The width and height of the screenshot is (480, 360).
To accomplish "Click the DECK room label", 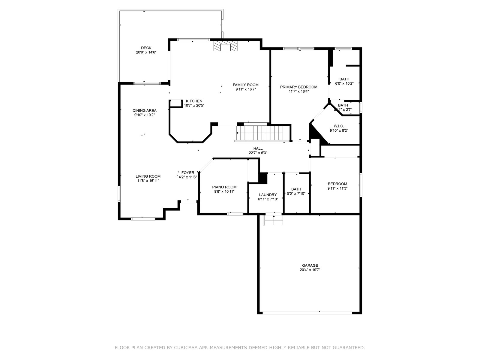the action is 146,48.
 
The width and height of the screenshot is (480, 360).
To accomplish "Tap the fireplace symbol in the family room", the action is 225,46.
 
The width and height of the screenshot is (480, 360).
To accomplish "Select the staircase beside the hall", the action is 260,132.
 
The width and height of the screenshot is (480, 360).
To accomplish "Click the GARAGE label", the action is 310,265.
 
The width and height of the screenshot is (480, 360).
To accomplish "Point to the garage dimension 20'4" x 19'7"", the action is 310,270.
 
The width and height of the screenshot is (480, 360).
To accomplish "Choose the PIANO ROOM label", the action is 224,187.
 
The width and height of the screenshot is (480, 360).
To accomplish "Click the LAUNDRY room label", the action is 268,195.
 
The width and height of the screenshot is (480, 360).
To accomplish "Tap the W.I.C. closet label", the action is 339,126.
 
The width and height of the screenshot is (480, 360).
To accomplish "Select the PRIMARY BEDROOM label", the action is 298,87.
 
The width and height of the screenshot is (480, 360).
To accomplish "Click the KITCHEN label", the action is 194,101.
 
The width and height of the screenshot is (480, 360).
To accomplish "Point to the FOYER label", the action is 188,172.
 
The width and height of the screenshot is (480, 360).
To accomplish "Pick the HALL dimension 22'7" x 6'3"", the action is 258,153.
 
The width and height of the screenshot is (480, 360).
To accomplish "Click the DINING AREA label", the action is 145,110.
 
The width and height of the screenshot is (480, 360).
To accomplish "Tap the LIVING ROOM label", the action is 148,176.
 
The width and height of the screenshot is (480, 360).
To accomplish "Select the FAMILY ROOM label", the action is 246,85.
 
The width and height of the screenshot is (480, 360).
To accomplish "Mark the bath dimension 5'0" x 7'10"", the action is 296,193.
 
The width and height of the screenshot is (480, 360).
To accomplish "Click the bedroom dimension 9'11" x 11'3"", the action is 337,188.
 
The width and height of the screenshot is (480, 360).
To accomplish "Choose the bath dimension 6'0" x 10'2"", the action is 344,84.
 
